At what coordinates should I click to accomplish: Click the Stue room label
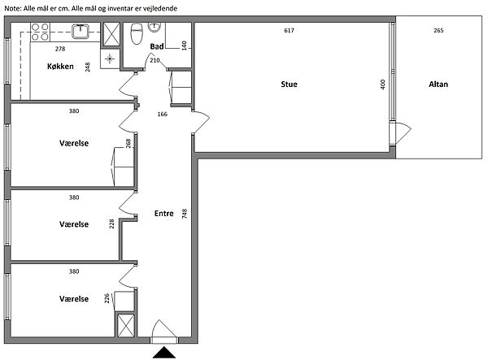289,85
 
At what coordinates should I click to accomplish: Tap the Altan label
438,85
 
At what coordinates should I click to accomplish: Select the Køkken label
60,66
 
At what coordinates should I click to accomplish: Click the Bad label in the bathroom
157,46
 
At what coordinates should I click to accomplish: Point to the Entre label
164,213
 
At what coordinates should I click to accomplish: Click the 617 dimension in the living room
289,30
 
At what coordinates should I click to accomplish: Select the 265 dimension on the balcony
438,30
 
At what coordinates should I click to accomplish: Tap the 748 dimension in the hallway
185,214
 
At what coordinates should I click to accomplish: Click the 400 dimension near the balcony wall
383,85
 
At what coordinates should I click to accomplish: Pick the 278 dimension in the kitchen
60,49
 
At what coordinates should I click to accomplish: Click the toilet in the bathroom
137,33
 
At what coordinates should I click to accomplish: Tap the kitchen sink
81,32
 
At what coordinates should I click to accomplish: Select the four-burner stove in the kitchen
40,32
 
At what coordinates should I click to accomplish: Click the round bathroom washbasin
154,28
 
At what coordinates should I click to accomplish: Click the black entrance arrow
164,353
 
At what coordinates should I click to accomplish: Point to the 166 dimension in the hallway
162,114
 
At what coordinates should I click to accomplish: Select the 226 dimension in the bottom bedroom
107,298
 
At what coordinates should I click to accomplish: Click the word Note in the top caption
12,8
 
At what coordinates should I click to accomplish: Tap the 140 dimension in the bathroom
185,46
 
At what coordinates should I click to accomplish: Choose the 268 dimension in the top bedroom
128,143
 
